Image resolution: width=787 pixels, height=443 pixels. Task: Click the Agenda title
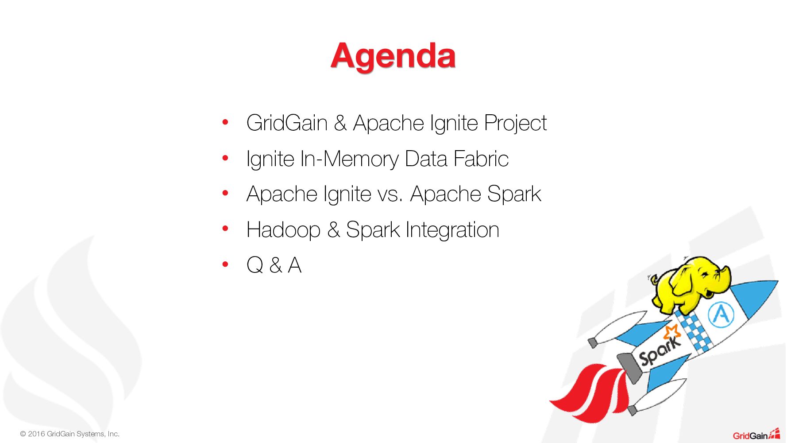[x=393, y=57]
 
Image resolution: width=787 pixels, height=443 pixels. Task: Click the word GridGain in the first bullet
[x=287, y=123]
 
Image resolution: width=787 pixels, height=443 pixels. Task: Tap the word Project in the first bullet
[x=515, y=124]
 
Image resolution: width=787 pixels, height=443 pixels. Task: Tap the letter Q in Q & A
[x=255, y=265]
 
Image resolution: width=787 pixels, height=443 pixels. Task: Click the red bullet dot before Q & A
[x=225, y=264]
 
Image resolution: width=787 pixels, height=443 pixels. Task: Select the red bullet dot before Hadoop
[x=225, y=229]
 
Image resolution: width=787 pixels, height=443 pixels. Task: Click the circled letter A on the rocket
[x=721, y=315]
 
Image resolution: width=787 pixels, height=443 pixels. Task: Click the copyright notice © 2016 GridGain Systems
[x=69, y=434]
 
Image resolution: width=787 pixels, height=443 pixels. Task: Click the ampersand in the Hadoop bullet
[x=333, y=229]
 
